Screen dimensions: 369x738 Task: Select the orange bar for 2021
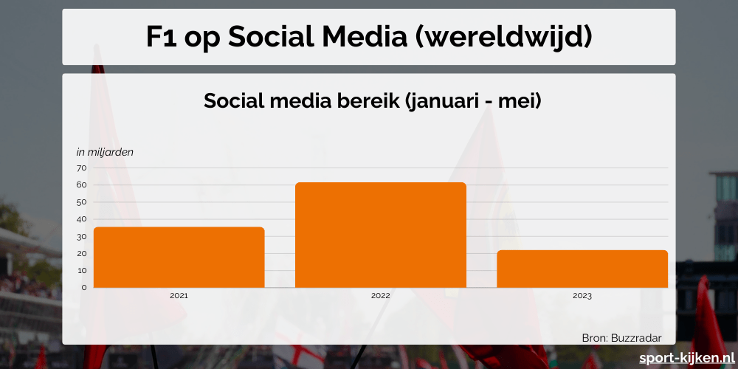(x=179, y=257)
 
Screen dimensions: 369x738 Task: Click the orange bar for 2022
(x=380, y=235)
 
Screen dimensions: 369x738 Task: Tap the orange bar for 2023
(x=582, y=269)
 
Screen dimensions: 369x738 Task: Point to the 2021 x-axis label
(x=179, y=295)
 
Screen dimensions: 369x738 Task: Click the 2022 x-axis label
(x=380, y=295)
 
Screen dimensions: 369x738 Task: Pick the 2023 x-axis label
(x=582, y=295)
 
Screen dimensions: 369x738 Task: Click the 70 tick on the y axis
(x=81, y=168)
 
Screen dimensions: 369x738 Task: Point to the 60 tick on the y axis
(x=81, y=185)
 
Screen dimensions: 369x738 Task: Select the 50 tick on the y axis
(x=81, y=202)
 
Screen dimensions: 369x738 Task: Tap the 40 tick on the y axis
(x=81, y=219)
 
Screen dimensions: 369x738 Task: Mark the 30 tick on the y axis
(x=81, y=236)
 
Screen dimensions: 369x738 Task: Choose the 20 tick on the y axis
(x=81, y=253)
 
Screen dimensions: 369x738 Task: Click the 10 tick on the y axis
(x=81, y=270)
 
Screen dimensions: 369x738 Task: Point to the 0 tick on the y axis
(x=83, y=287)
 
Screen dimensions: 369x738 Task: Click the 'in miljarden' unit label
(x=105, y=152)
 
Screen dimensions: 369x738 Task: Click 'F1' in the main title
(x=161, y=38)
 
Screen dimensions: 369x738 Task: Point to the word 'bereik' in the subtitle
(x=366, y=101)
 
